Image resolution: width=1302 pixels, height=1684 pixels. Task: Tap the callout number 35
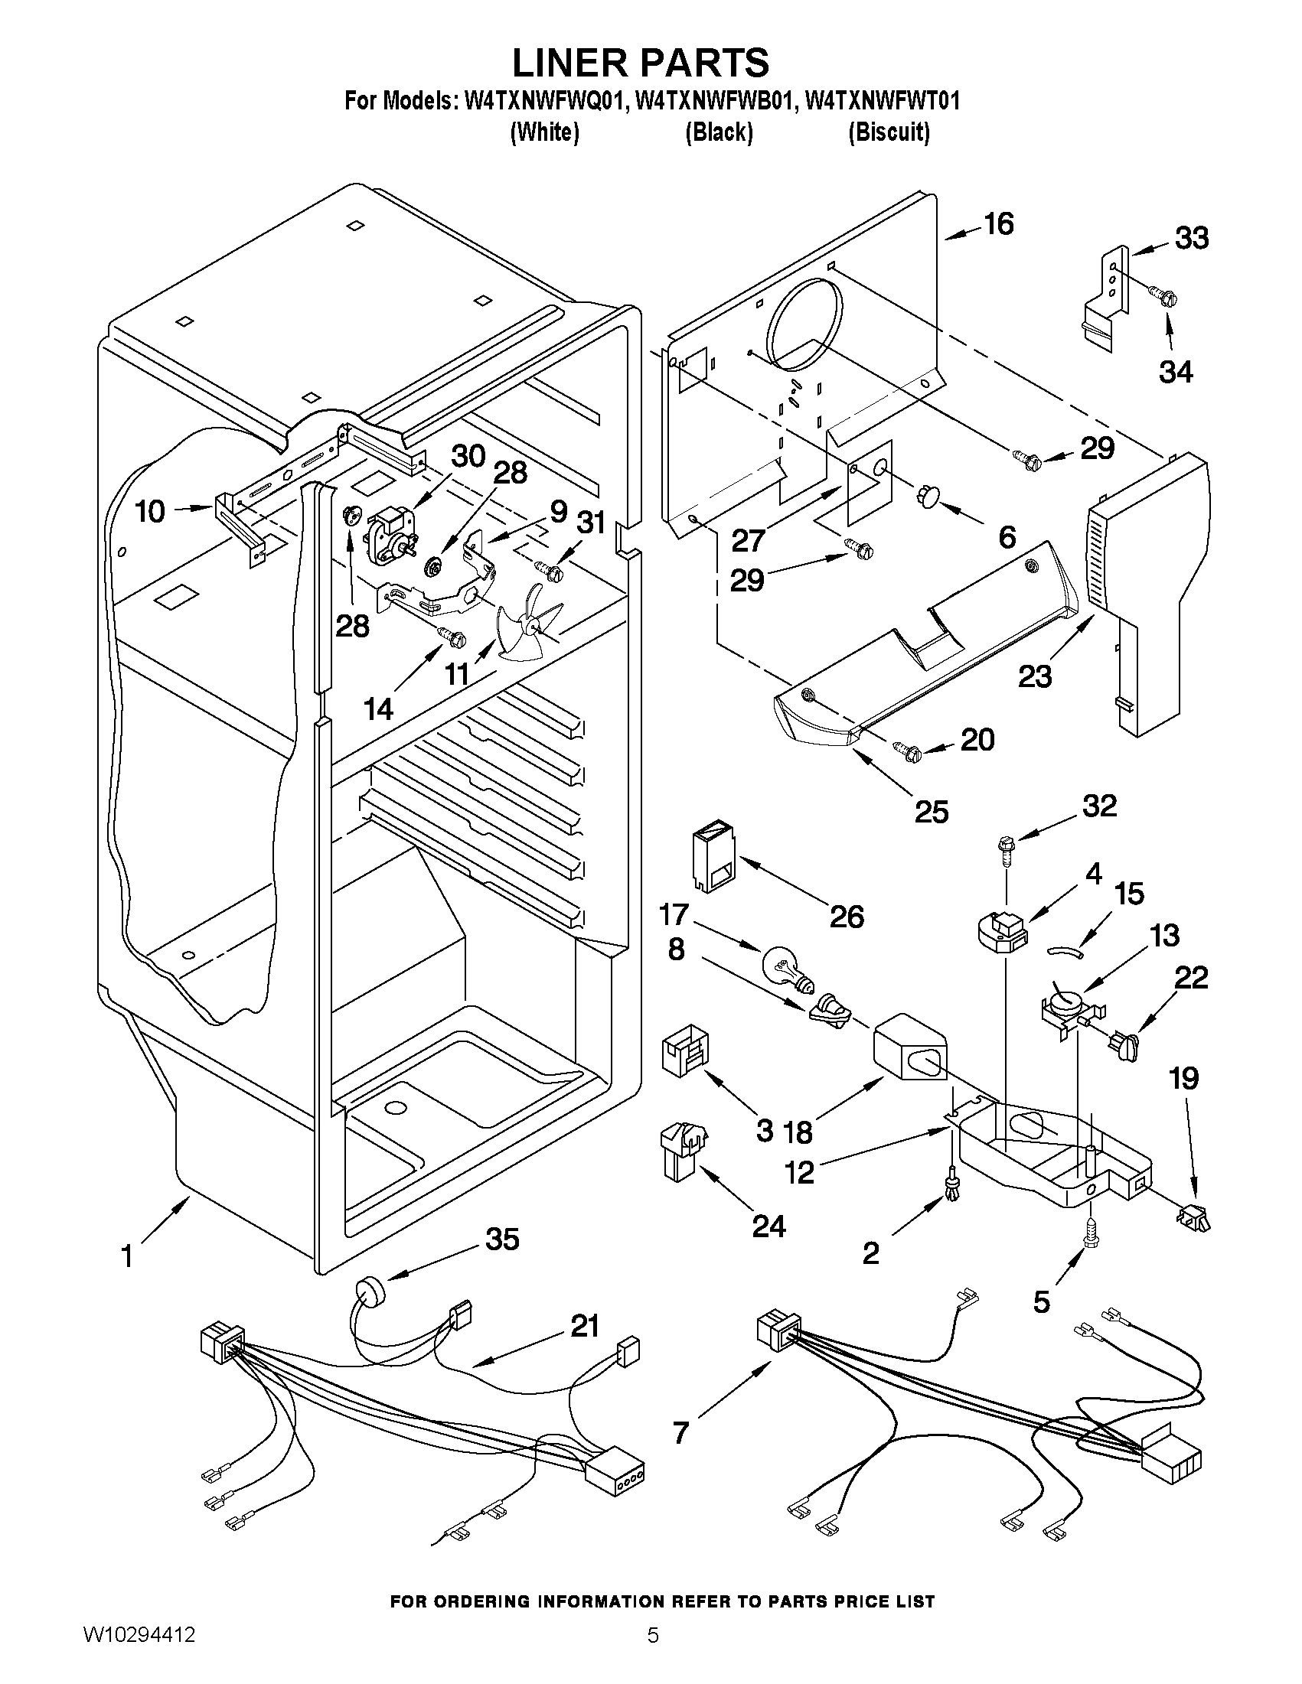(x=502, y=1239)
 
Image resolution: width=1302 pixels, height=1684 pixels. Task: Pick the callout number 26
(x=846, y=916)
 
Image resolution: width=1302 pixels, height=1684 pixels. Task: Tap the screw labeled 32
(x=1006, y=849)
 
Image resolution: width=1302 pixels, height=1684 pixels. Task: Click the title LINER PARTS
(x=640, y=62)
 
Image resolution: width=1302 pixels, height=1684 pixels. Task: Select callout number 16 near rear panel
(x=998, y=223)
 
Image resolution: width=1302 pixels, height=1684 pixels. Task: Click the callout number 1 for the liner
(x=127, y=1258)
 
